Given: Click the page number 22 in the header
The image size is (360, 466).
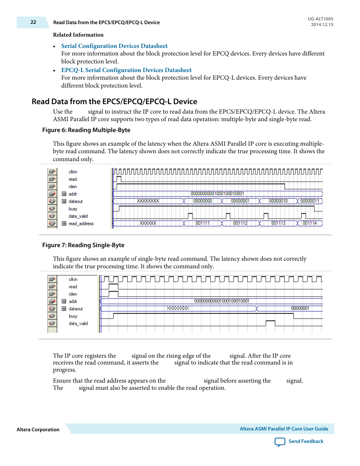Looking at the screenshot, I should click(x=33, y=22).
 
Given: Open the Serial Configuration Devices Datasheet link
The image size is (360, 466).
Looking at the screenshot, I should click(x=114, y=46).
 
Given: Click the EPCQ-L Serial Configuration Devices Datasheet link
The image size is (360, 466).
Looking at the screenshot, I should click(x=126, y=70).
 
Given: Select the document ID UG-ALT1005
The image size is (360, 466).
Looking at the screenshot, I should click(x=320, y=19).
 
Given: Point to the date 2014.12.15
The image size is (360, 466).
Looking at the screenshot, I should click(x=322, y=25).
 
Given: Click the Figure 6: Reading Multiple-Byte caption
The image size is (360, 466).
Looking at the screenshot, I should click(x=86, y=130).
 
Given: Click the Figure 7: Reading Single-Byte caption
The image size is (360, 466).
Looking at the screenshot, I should click(x=83, y=245).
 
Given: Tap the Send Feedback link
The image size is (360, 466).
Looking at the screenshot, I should click(x=306, y=441).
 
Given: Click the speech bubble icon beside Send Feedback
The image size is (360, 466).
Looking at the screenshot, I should click(x=280, y=442).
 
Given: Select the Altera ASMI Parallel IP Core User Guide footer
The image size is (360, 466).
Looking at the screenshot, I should click(x=284, y=429).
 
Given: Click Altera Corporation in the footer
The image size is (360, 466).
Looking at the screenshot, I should click(x=38, y=430).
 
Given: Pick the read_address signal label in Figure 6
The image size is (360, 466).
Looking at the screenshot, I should click(x=81, y=224).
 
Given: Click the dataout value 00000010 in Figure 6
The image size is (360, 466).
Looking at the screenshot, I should click(x=278, y=201).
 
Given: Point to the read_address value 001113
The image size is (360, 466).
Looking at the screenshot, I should click(x=278, y=223).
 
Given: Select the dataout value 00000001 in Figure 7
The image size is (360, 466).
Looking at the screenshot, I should click(x=300, y=309).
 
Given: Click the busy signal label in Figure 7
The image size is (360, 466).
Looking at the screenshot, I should click(x=73, y=316).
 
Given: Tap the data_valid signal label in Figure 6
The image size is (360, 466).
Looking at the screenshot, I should click(x=78, y=216).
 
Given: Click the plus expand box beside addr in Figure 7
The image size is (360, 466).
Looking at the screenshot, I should click(x=64, y=301).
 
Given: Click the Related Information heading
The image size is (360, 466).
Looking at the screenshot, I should click(x=78, y=35).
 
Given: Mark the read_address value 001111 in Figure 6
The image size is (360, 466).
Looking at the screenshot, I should click(x=203, y=223).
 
